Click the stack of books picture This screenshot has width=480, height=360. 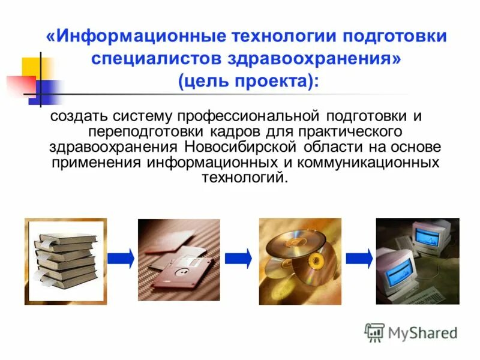click(x=65, y=261)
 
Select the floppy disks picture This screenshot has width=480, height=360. click(x=179, y=260)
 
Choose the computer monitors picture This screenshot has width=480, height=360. click(x=417, y=261)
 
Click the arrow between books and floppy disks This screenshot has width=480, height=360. click(x=121, y=257)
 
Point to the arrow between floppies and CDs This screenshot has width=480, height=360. click(x=238, y=257)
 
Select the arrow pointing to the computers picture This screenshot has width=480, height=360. click(x=359, y=257)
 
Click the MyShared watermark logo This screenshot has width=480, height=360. click(x=412, y=332)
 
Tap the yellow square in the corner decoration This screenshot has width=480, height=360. click(x=31, y=68)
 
